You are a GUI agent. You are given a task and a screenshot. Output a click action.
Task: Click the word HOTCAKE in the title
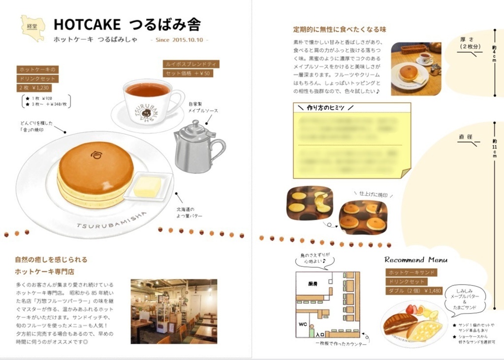pyautogui.click(x=87, y=25)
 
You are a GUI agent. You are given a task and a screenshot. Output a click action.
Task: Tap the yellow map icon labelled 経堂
pyautogui.click(x=32, y=28)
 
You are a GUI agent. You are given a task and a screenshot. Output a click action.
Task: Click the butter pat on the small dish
pyautogui.click(x=147, y=187)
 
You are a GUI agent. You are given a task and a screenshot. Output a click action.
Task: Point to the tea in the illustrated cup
pyautogui.click(x=147, y=90)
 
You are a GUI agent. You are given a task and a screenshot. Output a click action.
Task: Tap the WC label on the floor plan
pyautogui.click(x=303, y=325)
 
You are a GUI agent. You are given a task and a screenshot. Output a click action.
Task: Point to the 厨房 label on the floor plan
pyautogui.click(x=313, y=284)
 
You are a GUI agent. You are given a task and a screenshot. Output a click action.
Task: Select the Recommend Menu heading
pyautogui.click(x=415, y=260)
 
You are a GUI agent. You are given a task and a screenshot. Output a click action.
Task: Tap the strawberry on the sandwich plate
pyautogui.click(x=410, y=309)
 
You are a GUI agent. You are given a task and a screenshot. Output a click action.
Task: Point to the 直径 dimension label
pyautogui.click(x=465, y=136)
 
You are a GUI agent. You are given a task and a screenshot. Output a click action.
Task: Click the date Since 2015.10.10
pyautogui.click(x=179, y=40)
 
